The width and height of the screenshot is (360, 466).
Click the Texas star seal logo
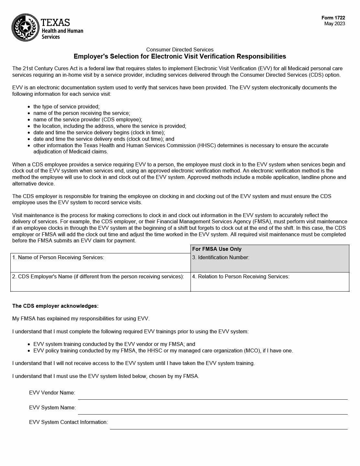coord(25,28)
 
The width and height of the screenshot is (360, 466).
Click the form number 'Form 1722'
coord(333,18)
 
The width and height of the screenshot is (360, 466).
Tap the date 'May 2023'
coord(334,24)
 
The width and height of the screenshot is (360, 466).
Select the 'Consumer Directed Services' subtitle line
coord(180,50)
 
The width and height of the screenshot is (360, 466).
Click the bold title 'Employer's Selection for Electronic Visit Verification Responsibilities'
coord(180,57)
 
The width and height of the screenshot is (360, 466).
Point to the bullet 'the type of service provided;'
coord(66,107)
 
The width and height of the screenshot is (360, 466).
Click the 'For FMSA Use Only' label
coord(217,249)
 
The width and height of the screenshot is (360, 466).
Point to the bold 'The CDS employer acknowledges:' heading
coord(55,306)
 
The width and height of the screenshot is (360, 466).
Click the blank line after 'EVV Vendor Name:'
coord(213,395)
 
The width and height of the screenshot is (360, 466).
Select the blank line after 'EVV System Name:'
coord(213,410)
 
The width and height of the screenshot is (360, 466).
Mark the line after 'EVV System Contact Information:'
coord(228,425)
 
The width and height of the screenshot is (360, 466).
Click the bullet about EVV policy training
coord(163,351)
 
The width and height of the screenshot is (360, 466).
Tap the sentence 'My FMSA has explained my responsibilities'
coord(81,319)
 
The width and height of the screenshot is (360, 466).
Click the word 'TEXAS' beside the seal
coord(55,22)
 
